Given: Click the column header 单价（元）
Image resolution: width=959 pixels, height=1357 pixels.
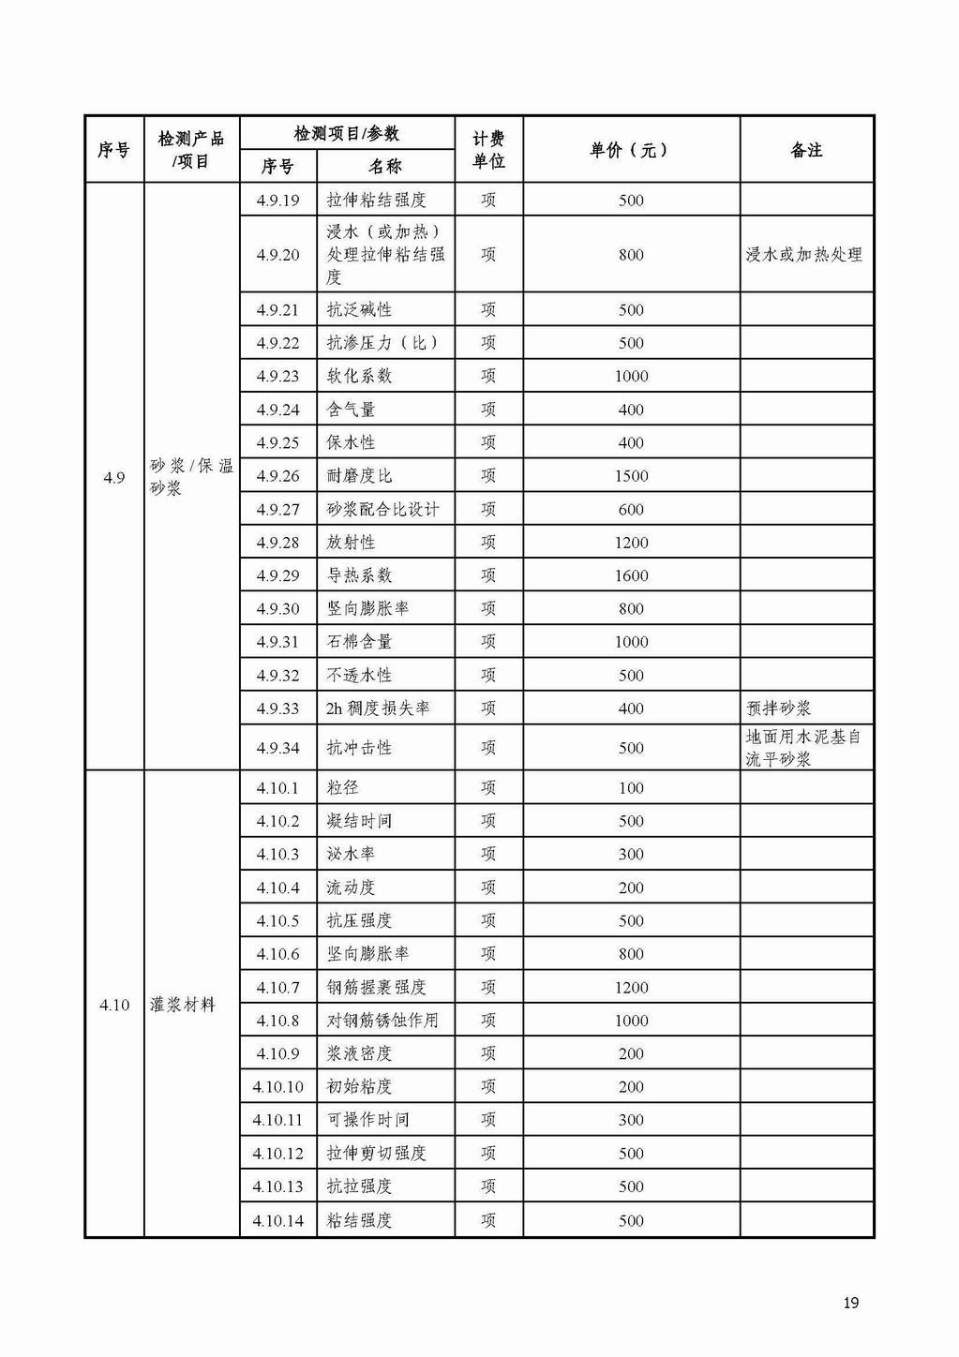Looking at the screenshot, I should (x=630, y=150).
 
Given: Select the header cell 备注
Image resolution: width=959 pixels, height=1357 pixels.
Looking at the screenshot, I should (x=806, y=150).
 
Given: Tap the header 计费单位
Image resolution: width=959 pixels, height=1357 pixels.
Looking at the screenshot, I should (x=488, y=150).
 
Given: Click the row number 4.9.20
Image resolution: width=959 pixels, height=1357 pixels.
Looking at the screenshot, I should (x=277, y=255).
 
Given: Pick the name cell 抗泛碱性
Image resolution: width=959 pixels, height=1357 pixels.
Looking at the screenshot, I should (x=359, y=310).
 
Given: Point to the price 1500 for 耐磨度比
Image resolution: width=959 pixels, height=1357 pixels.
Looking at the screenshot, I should (x=631, y=476).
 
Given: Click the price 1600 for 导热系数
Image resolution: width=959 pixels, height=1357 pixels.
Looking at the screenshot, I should (x=631, y=575).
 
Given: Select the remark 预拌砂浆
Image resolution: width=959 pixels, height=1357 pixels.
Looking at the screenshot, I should (x=778, y=708).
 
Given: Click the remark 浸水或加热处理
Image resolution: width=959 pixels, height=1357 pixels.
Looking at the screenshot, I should (x=803, y=255).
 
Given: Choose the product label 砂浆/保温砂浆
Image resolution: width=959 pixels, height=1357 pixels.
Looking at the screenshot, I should (x=191, y=477).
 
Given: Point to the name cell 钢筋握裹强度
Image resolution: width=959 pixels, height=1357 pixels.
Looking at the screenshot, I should (x=376, y=988).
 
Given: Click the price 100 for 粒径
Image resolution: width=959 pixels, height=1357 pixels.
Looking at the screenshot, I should (x=631, y=788).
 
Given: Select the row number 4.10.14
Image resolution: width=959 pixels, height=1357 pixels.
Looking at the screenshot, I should (x=277, y=1220).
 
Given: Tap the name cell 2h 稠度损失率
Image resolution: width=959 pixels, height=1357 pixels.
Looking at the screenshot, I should (x=378, y=708).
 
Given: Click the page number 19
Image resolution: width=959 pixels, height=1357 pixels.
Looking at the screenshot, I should (x=851, y=1303).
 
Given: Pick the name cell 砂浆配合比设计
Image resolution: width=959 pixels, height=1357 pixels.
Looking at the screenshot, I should (x=382, y=510).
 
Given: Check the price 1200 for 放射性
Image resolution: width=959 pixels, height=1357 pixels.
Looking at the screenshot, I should (x=631, y=543).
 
